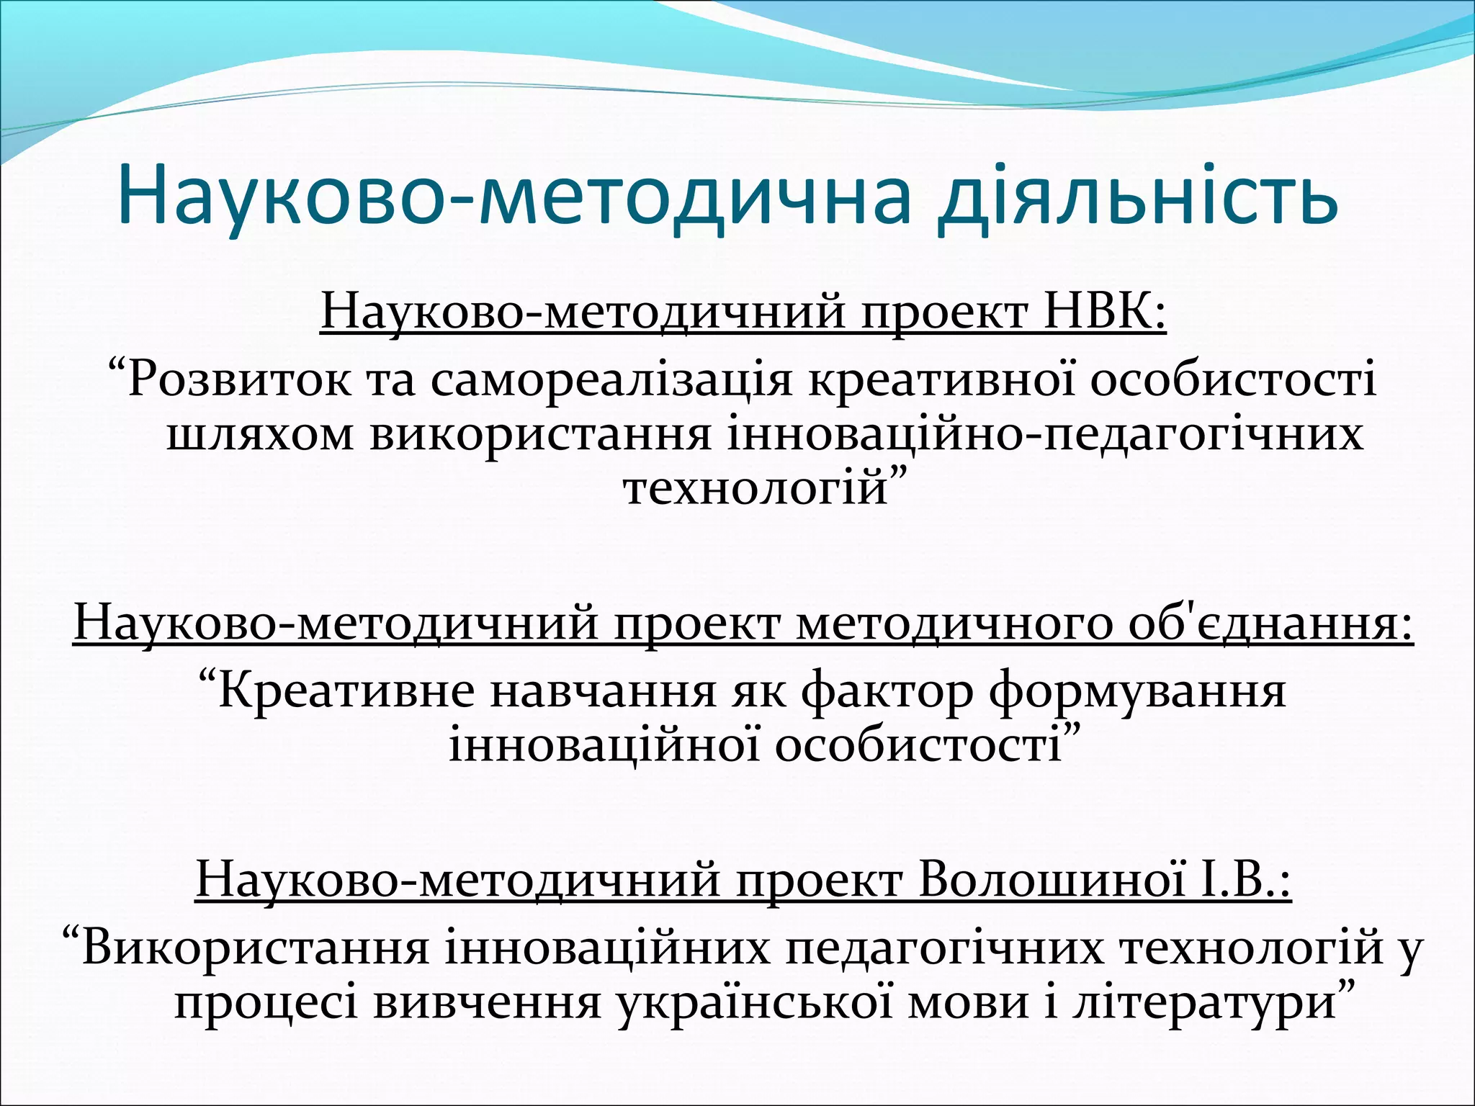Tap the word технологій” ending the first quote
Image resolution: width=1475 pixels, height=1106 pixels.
(x=763, y=488)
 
